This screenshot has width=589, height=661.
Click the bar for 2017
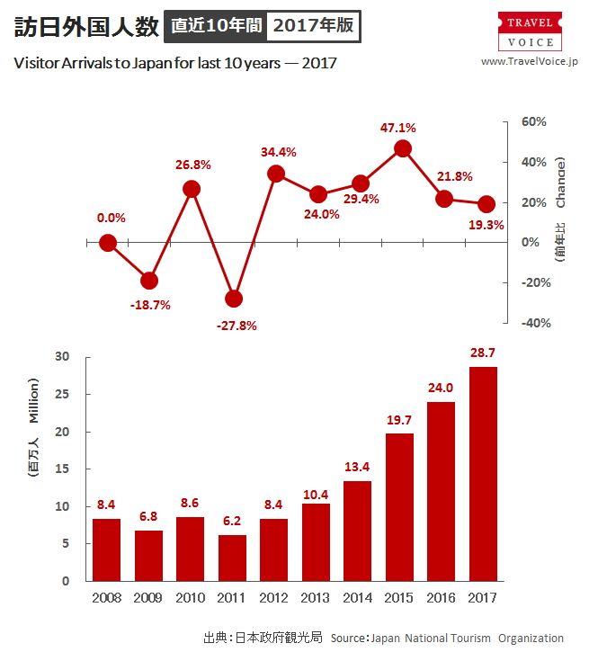point(482,474)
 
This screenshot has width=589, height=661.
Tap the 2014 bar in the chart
point(357,531)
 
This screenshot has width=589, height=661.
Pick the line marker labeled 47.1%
point(402,148)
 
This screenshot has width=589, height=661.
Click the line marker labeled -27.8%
point(234,299)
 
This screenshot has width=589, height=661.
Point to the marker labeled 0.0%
point(108,243)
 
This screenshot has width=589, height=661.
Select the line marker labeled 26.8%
point(192,189)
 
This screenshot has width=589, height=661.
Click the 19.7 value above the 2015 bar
point(399,421)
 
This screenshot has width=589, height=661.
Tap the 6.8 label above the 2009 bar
point(149,518)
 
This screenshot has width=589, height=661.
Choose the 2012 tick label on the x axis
point(275,598)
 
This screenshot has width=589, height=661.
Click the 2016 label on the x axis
point(442,598)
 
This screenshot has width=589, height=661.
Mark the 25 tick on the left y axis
point(62,394)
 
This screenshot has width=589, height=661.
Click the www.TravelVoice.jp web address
point(530,61)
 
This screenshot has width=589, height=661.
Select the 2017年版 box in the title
point(313,26)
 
